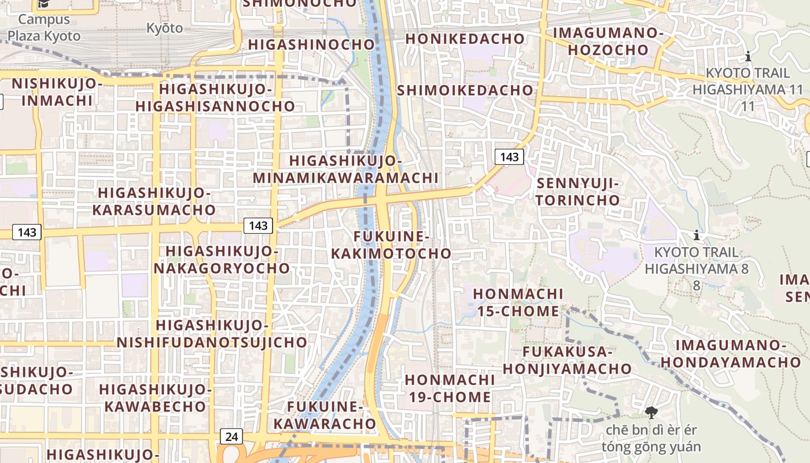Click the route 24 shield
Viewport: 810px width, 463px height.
tap(231, 436)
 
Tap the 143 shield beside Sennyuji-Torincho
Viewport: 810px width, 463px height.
tap(509, 157)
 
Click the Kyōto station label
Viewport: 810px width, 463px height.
tap(164, 28)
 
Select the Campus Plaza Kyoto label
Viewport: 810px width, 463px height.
tap(44, 27)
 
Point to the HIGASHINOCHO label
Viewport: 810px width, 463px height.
tap(312, 45)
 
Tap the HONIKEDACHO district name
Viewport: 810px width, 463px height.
tap(465, 39)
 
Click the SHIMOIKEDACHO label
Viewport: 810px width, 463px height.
tap(465, 90)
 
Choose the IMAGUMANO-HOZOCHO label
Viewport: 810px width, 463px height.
tap(608, 41)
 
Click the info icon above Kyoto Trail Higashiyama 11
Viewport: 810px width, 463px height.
tap(748, 57)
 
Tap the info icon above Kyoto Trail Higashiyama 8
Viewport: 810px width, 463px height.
tap(697, 236)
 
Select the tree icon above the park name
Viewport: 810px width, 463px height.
tap(651, 413)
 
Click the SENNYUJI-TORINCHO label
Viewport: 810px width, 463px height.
tap(578, 192)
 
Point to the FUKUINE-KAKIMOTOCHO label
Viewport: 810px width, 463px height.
tap(391, 245)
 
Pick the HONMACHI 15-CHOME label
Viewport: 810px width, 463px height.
tap(517, 302)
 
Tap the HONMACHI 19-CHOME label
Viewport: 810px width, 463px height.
tap(450, 388)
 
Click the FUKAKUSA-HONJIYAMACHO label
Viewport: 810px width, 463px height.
tap(567, 360)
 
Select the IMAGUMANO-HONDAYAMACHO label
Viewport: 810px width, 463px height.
tap(731, 354)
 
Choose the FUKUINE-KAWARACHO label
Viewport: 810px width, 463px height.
tap(325, 415)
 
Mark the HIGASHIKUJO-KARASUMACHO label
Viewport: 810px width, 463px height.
tap(154, 201)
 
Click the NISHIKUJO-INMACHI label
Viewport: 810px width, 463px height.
tap(57, 91)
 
